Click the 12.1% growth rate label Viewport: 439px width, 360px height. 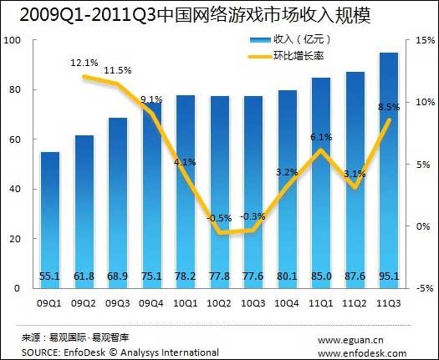click(84, 63)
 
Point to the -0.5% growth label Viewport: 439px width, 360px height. click(220, 218)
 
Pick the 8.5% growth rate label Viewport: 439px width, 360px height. click(389, 107)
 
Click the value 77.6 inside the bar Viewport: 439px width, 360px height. click(253, 276)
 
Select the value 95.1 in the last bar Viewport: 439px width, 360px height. click(389, 276)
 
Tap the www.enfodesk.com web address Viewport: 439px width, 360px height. click(361, 352)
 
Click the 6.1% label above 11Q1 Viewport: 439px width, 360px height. click(321, 137)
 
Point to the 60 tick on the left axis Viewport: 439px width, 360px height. click(15, 139)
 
